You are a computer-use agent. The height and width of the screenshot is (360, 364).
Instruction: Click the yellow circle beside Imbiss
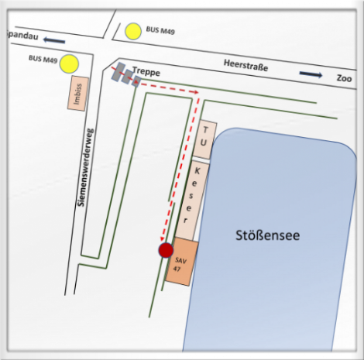[x=69, y=63]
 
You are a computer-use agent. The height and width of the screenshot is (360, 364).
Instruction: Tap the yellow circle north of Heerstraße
[x=133, y=31]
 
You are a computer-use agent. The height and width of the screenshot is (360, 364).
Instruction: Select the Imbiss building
[x=78, y=94]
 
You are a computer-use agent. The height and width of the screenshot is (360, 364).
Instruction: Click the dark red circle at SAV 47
[x=166, y=250]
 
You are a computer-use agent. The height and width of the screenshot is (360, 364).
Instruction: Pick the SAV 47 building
[x=182, y=262]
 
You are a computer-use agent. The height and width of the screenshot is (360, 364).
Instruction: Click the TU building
[x=205, y=139]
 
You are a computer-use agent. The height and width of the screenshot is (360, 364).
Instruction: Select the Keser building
[x=192, y=201]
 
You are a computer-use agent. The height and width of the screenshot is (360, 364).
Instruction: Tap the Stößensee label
[x=267, y=235]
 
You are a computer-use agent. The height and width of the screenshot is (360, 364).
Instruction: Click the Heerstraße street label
[x=246, y=65]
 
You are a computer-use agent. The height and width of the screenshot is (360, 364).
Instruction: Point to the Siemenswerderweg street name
[x=86, y=167]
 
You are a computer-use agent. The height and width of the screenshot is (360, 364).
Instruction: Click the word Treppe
[x=146, y=71]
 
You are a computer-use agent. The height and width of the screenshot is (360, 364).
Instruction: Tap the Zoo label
[x=344, y=78]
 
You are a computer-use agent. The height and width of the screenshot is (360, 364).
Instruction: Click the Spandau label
[x=22, y=36]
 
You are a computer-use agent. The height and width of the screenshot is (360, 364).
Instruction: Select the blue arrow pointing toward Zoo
[x=311, y=74]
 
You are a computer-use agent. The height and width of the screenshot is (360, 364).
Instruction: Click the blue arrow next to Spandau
[x=54, y=40]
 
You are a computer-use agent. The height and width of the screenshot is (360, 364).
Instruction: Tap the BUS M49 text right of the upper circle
[x=160, y=30]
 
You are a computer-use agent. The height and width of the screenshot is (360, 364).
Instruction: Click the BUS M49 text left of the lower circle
[x=43, y=59]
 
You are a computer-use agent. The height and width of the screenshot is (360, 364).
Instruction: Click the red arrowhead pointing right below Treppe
[x=197, y=92]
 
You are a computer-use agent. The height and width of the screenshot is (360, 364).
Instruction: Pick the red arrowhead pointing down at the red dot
[x=163, y=239]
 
